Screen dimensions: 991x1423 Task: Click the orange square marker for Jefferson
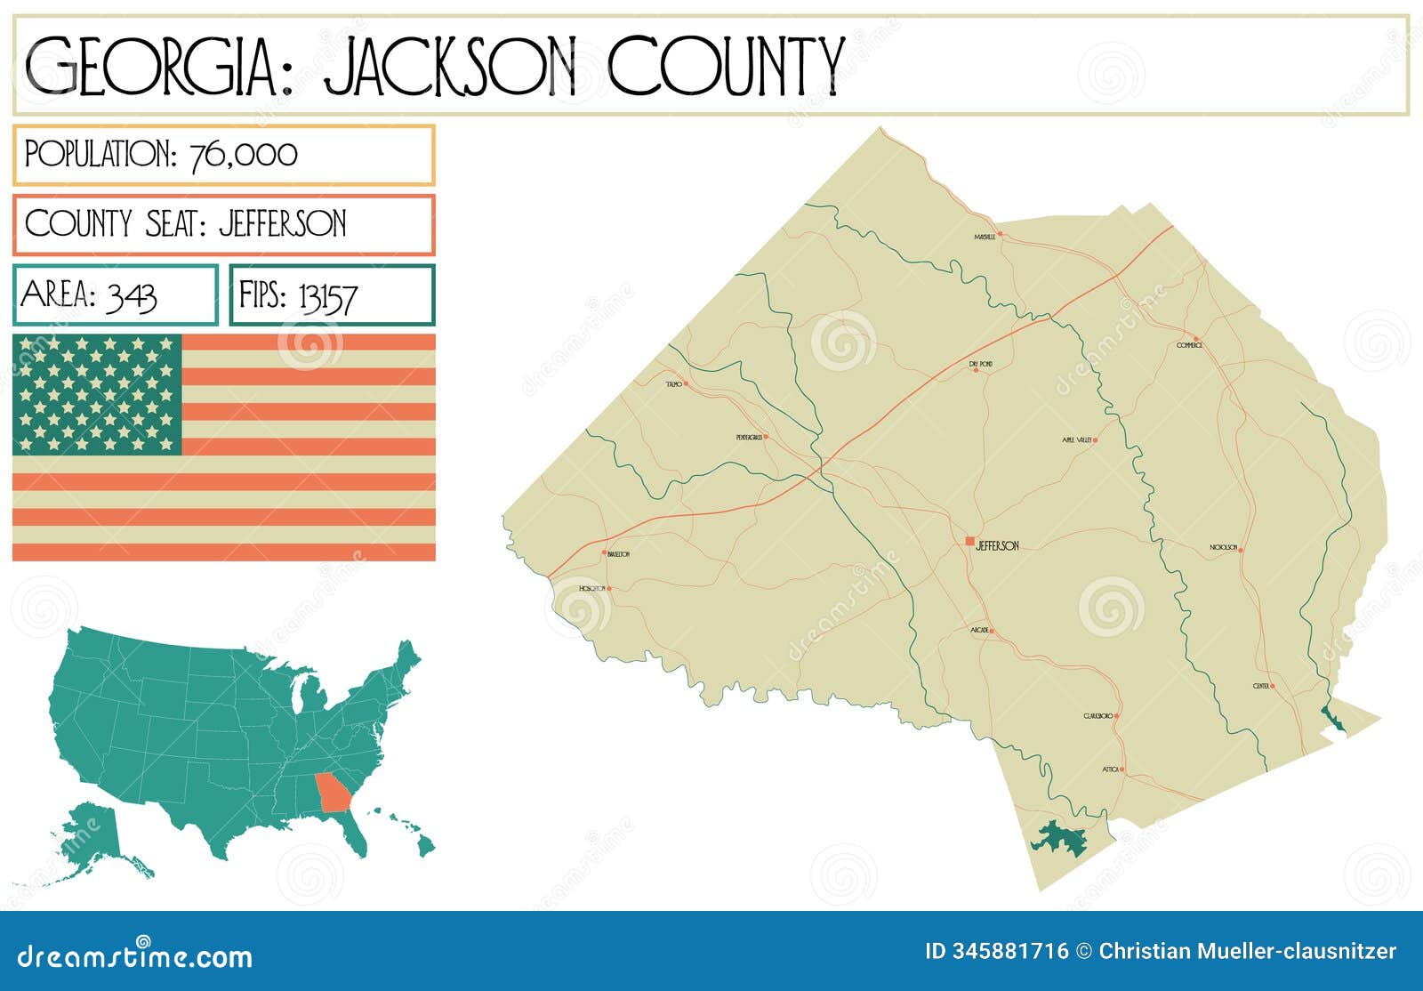969,541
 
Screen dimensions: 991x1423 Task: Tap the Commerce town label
1188,345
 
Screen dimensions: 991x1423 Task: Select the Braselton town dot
605,552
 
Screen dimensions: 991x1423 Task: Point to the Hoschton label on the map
591,589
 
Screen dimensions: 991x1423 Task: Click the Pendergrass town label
749,438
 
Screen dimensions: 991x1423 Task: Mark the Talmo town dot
686,383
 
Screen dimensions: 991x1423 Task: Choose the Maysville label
985,238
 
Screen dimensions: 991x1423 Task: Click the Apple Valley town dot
1095,439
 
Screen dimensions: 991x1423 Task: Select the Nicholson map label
1223,548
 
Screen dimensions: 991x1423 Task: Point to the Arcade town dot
992,632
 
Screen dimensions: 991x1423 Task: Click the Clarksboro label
1098,716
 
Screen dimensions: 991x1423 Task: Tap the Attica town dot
1122,769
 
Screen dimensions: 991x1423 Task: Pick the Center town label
1261,687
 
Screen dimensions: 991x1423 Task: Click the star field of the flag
97,394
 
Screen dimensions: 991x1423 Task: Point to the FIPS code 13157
327,296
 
